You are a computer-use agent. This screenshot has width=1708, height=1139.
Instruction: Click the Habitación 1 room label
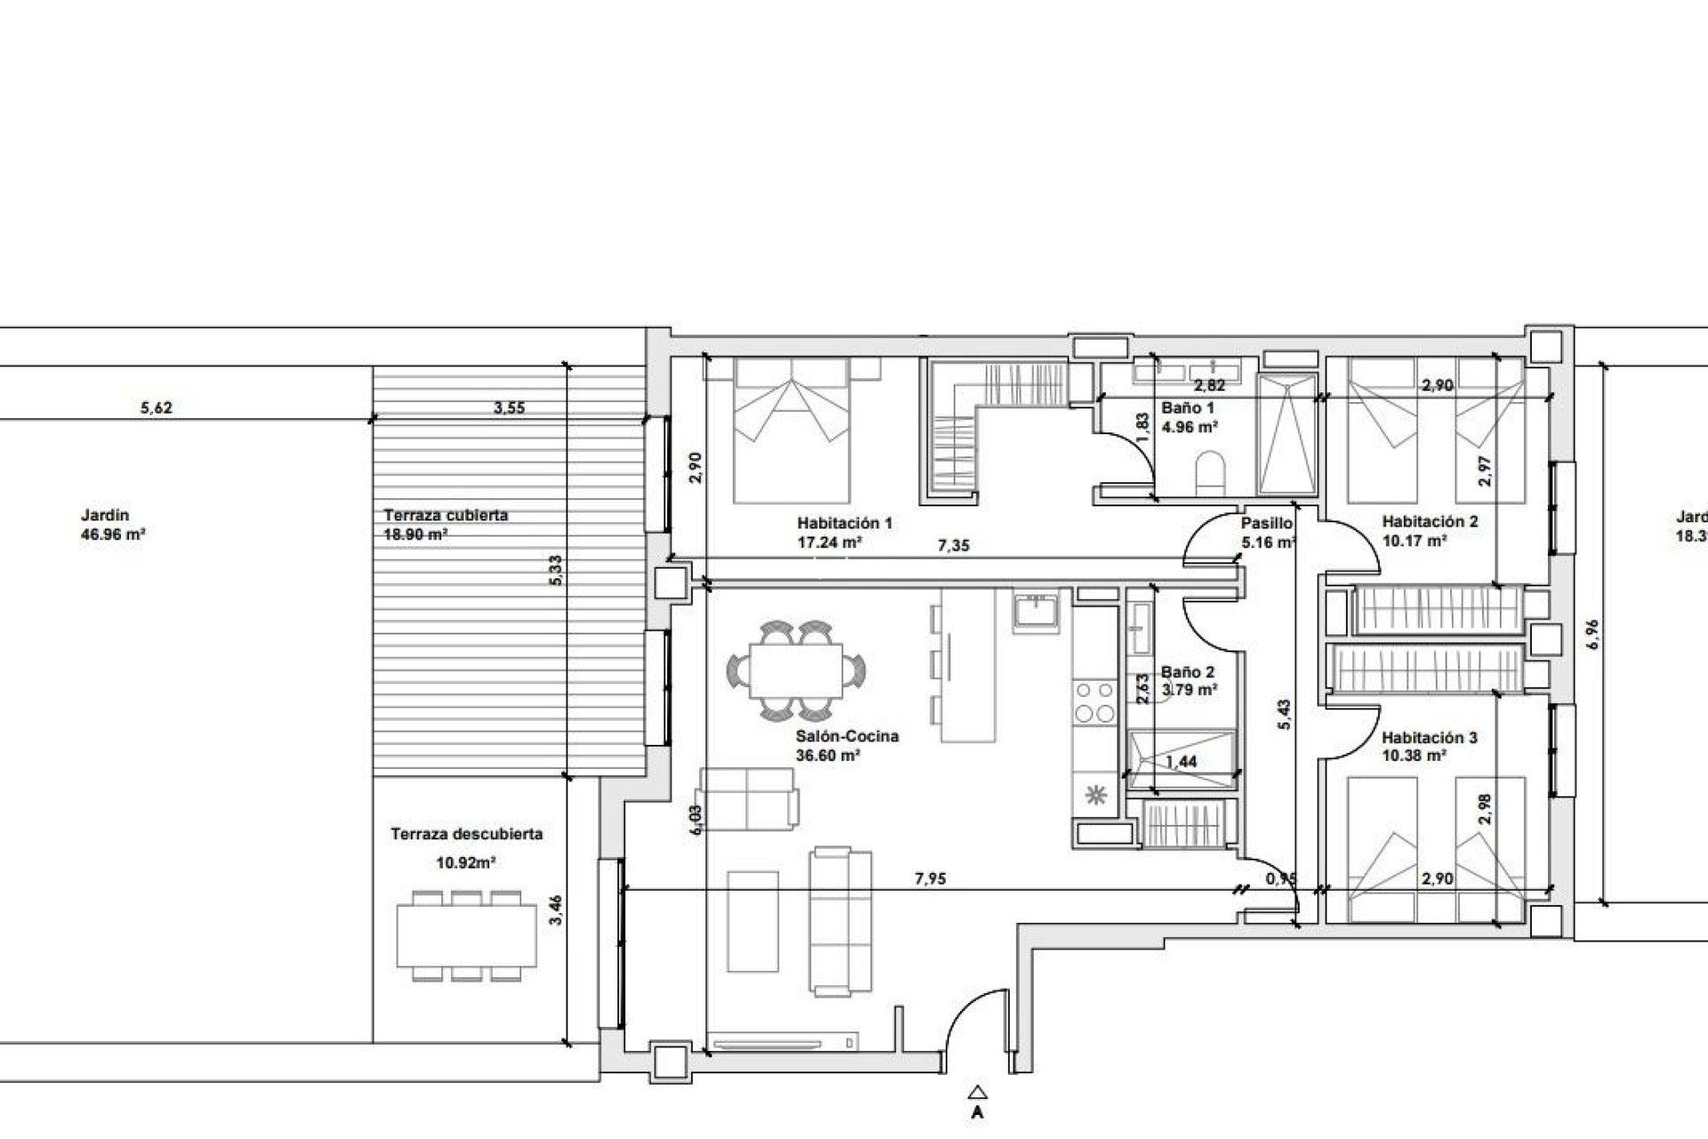(844, 523)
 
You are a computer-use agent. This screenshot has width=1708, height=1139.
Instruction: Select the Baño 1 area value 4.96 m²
(1189, 426)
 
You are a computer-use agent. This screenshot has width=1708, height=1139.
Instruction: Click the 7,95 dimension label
(931, 879)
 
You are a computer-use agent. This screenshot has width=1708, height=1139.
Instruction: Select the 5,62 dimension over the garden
(157, 408)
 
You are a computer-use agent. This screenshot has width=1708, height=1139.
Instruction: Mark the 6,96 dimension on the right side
(1593, 634)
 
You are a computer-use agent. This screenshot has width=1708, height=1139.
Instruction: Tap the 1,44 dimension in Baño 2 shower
(1180, 762)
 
